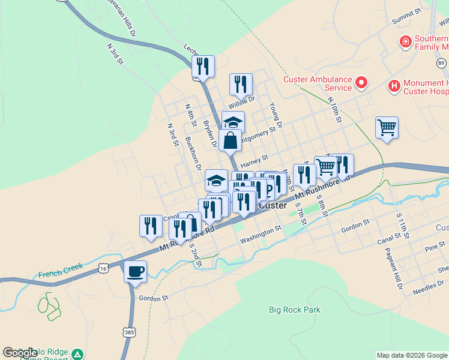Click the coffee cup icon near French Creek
coord(135,271)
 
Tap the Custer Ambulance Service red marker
coord(361,82)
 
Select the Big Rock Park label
coord(294,310)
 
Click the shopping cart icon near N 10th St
coord(387,127)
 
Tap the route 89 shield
coord(442,63)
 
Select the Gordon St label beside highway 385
coord(153,298)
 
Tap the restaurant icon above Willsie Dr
coord(241,84)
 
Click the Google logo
coord(19,353)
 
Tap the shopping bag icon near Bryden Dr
coord(231,140)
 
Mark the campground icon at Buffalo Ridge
coord(77,353)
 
